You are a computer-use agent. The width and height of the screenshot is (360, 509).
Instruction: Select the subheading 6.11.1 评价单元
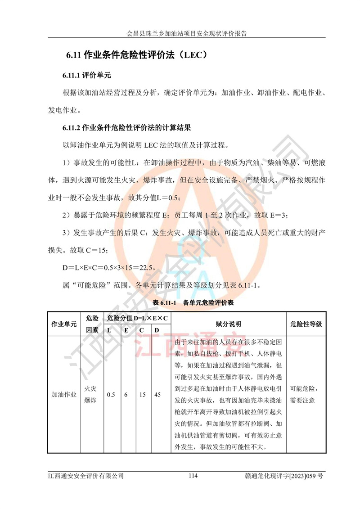(x=86, y=75)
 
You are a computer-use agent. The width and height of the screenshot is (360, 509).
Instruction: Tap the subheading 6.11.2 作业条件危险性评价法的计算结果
(x=127, y=128)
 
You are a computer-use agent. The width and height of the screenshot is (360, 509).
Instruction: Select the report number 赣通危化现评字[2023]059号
(x=284, y=476)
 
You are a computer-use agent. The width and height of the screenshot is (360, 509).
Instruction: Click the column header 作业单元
(x=64, y=324)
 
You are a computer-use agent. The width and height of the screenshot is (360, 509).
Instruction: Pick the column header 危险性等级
(x=306, y=324)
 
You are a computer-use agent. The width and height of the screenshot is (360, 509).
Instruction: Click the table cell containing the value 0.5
(x=110, y=395)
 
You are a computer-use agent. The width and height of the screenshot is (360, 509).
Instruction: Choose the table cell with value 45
(x=157, y=395)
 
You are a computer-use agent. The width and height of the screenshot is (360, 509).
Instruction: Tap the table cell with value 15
(x=142, y=395)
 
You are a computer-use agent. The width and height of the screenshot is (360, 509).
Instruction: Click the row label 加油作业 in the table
(x=64, y=395)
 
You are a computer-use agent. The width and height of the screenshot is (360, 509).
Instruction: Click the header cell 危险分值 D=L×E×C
(x=137, y=318)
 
